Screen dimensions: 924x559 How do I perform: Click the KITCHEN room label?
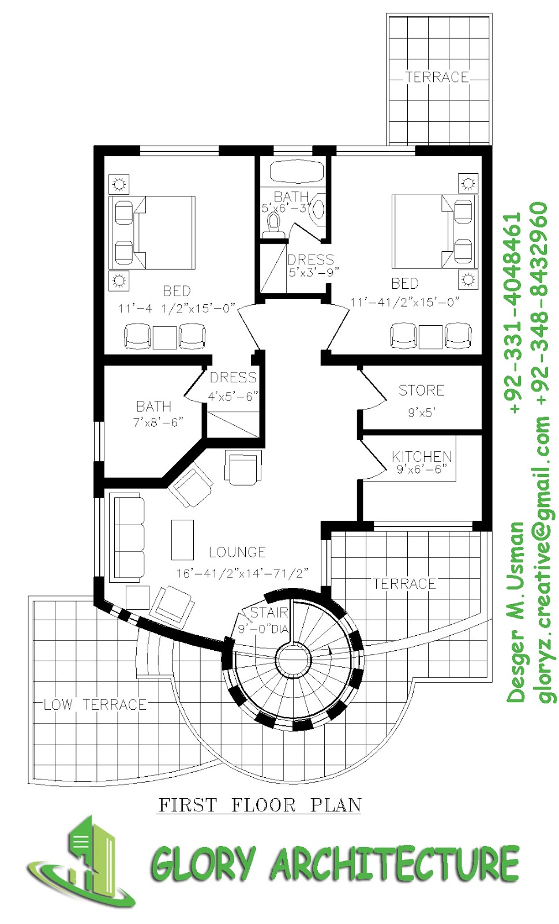(x=422, y=456)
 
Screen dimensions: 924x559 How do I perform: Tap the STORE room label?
(x=422, y=390)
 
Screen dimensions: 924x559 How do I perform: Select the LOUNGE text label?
(x=237, y=552)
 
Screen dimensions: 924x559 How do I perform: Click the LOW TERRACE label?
(x=95, y=705)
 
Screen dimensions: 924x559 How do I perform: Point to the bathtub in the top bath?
(x=297, y=172)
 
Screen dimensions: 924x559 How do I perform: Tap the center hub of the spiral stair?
(x=293, y=659)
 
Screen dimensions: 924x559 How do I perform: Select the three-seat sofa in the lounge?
(x=128, y=536)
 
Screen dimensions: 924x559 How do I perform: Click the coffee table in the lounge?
(x=182, y=539)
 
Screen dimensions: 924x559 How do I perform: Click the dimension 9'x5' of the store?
(x=422, y=412)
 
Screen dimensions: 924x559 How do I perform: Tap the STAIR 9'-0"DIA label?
(x=265, y=621)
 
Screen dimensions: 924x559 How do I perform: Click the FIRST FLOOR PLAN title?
(x=260, y=804)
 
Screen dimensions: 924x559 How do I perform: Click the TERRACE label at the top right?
(x=437, y=77)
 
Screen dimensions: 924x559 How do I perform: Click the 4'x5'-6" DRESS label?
(x=233, y=387)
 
